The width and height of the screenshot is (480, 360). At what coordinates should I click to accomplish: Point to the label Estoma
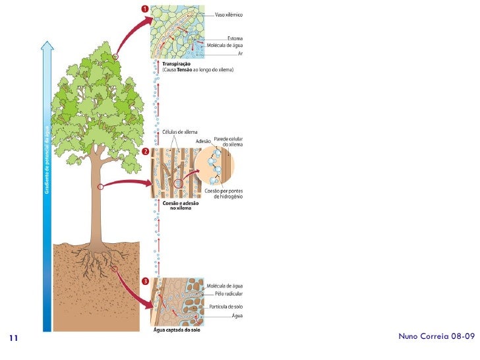pos(236,38)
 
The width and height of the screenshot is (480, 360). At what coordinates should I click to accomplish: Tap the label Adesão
pos(203,141)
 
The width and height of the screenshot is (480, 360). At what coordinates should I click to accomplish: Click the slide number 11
pos(13,339)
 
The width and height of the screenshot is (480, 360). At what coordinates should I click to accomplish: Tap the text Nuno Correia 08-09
pos(436,336)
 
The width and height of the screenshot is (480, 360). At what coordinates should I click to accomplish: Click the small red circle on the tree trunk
pos(100,187)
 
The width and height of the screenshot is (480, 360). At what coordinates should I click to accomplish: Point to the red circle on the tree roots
pos(114,269)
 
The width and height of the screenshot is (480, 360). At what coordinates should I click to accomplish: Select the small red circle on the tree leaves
pos(115,58)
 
